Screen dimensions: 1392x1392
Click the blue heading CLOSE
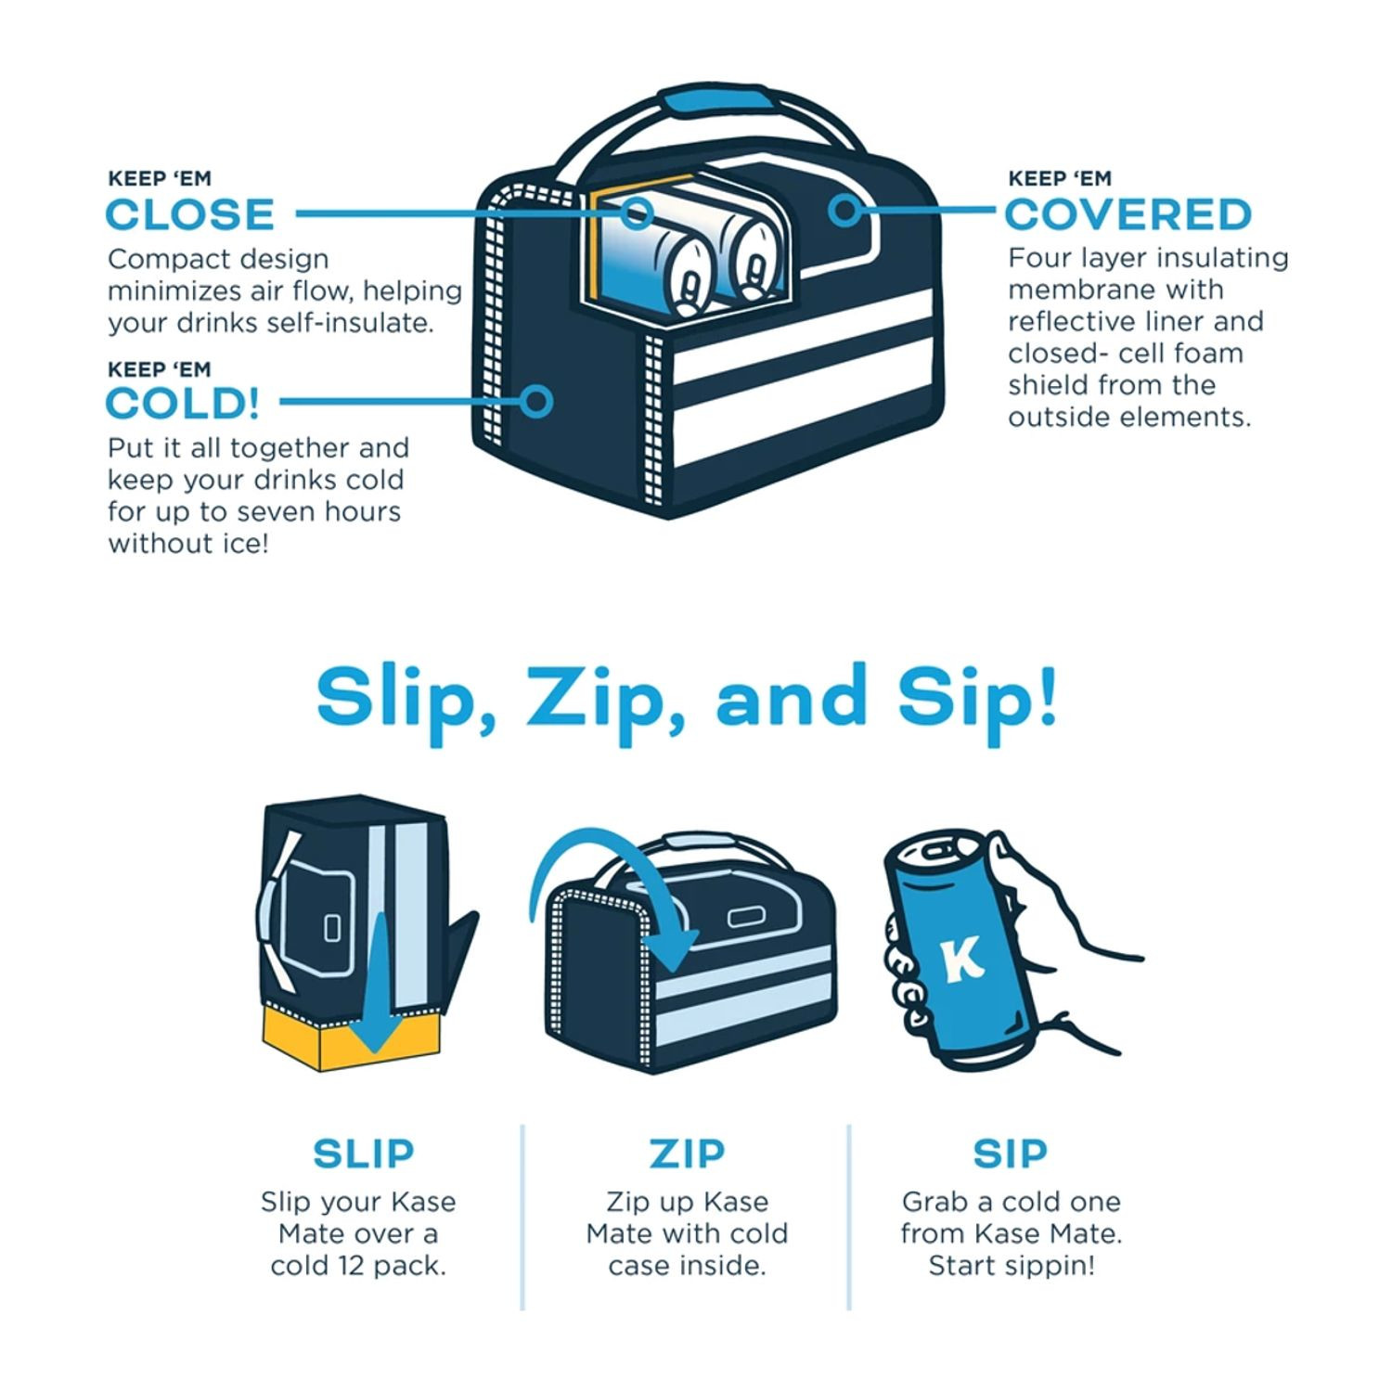(189, 214)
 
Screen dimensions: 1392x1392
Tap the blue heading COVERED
(1128, 214)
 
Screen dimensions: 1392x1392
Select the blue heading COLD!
(182, 404)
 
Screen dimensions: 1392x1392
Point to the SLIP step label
(363, 1154)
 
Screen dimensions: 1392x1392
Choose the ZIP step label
(687, 1154)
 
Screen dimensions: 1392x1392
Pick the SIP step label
(1011, 1154)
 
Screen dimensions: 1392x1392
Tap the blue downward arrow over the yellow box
(375, 984)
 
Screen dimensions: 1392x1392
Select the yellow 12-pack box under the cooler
(351, 1039)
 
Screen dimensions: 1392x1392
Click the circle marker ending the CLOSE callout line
(637, 213)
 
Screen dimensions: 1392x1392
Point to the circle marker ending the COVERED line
(844, 211)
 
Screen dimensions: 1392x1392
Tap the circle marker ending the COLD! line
(535, 402)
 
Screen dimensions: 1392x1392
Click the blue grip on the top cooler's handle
(714, 100)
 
